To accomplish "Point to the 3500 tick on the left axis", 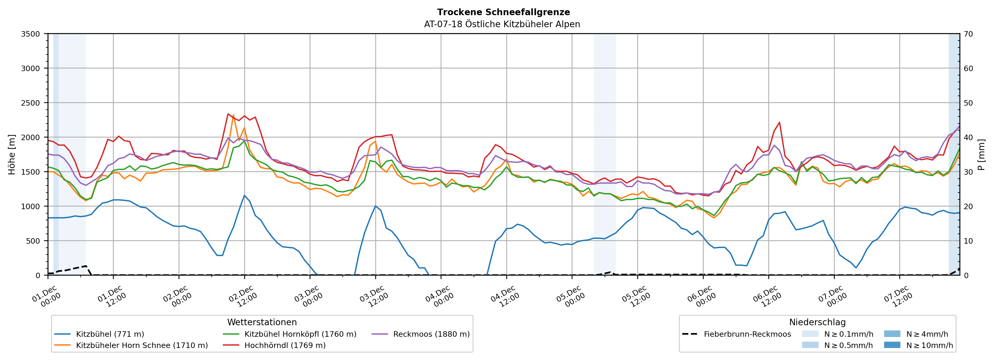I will coord(31,34).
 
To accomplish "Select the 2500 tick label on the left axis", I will coord(31,103).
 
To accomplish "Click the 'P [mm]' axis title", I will coord(981,154).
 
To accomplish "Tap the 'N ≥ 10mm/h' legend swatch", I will coord(892,345).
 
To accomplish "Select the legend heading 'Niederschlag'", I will coord(817,322).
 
